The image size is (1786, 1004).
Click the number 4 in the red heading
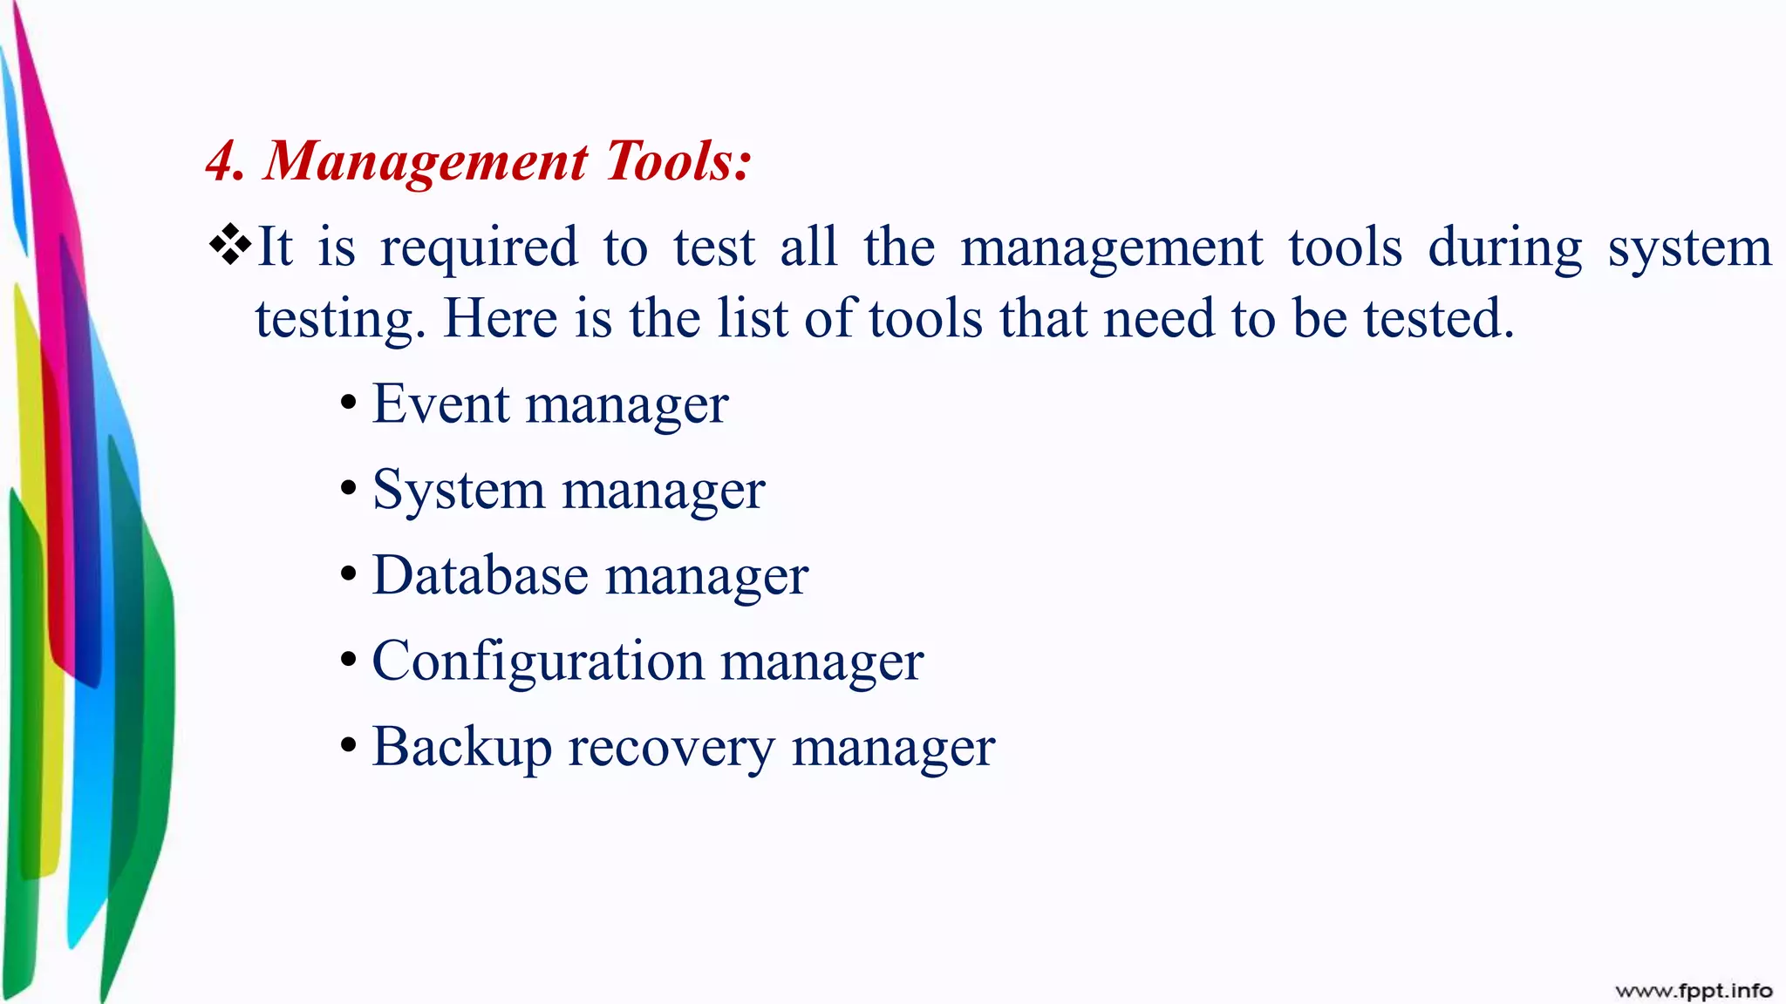pyautogui.click(x=223, y=162)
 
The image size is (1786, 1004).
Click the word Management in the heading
pyautogui.click(x=426, y=162)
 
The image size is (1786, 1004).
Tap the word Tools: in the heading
pyautogui.click(x=678, y=162)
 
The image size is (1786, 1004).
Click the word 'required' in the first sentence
pyautogui.click(x=479, y=248)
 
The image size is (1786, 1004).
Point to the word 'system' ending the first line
pyautogui.click(x=1689, y=248)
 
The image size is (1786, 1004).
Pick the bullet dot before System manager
pyautogui.click(x=349, y=489)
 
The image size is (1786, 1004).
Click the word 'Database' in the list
pyautogui.click(x=480, y=575)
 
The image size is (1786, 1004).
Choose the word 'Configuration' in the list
pyautogui.click(x=537, y=661)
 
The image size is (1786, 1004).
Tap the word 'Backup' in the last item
pyautogui.click(x=461, y=747)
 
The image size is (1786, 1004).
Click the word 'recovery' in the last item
pyautogui.click(x=671, y=747)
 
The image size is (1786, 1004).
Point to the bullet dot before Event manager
pyautogui.click(x=349, y=404)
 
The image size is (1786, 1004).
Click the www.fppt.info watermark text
pyautogui.click(x=1693, y=990)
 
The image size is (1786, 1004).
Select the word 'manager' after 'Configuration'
pyautogui.click(x=821, y=661)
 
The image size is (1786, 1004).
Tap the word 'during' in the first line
pyautogui.click(x=1504, y=248)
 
